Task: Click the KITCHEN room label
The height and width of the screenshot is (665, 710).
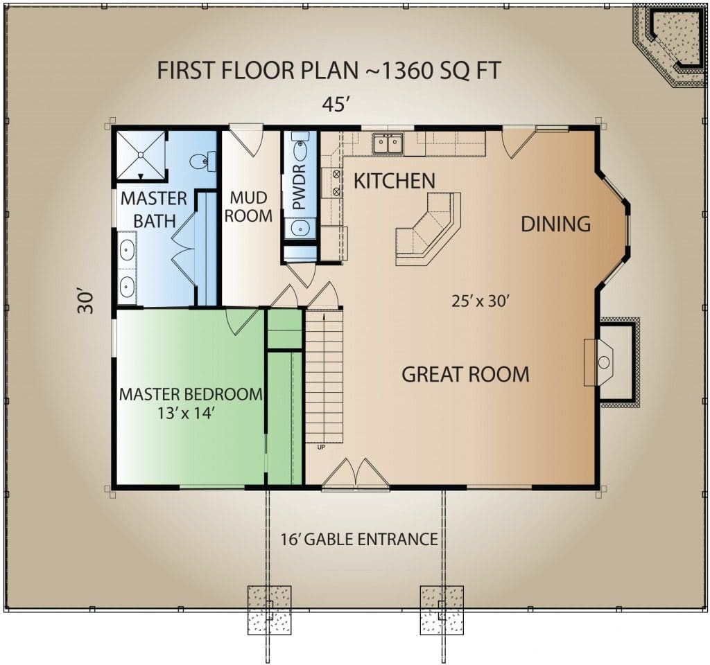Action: pos(395,181)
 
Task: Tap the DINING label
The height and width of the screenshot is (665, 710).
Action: pos(556,224)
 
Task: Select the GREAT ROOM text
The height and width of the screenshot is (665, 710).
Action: pos(465,375)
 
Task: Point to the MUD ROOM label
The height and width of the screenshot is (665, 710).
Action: pos(248,206)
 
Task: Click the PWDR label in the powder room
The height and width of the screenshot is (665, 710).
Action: pos(300,187)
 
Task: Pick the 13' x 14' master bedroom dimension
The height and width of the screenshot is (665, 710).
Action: pos(186,413)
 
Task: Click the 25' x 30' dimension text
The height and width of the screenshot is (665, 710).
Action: pos(481,301)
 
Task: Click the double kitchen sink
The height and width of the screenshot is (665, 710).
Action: pos(388,144)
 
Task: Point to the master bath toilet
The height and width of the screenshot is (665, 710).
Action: pos(202,161)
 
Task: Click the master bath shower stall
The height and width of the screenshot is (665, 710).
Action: pos(141,155)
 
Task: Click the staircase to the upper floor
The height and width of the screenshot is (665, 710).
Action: pos(324,376)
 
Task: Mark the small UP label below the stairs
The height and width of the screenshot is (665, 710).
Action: pos(321,447)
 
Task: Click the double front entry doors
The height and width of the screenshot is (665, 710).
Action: pos(356,474)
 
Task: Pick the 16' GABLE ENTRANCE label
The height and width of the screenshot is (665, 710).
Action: pos(359,539)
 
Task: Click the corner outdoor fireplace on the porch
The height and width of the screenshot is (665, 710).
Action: pos(670,45)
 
